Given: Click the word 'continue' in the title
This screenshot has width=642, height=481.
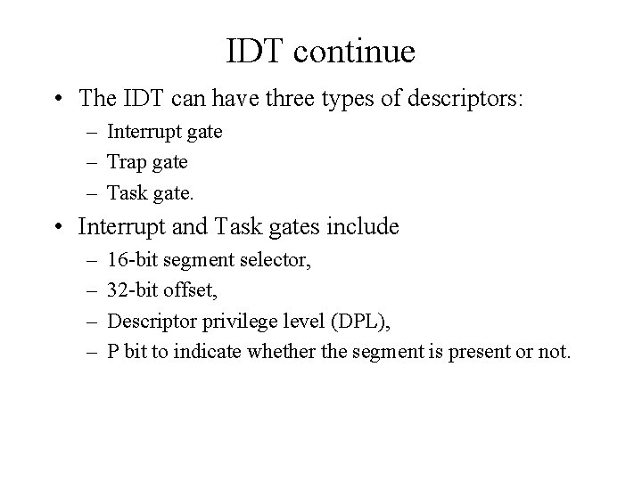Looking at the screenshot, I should [x=354, y=52].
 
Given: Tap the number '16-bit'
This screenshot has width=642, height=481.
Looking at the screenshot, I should [x=131, y=259].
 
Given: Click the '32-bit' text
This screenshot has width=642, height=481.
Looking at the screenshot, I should [x=131, y=290].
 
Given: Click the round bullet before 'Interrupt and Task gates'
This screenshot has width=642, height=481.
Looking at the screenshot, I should [x=58, y=228].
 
